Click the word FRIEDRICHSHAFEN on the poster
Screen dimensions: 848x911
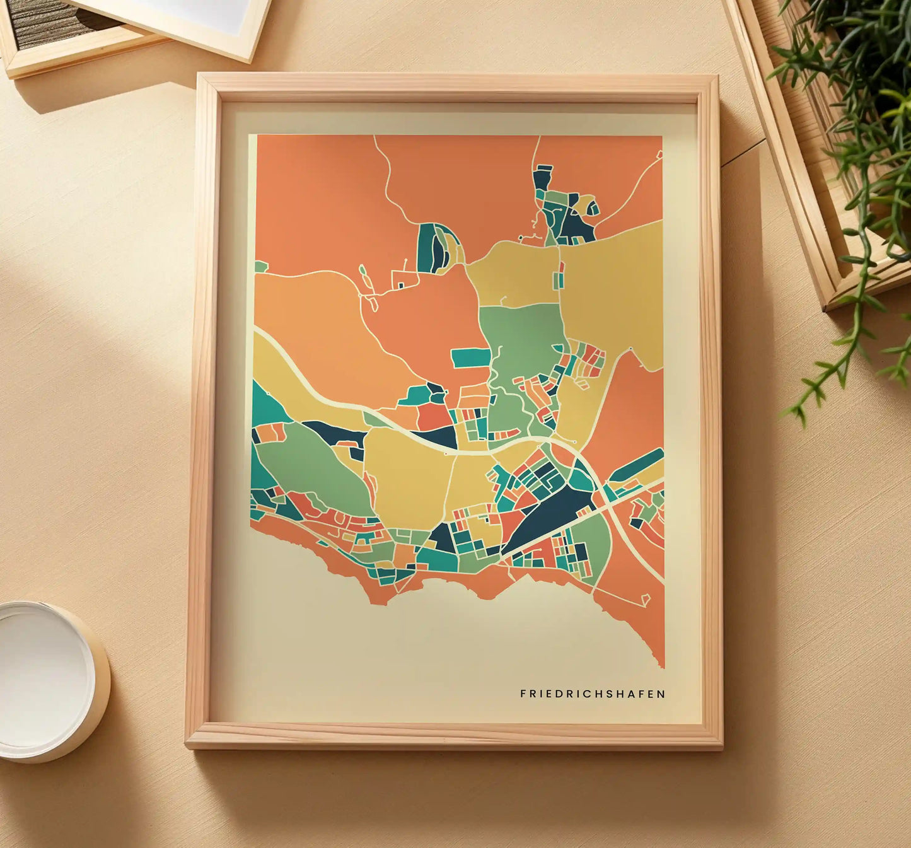(592, 694)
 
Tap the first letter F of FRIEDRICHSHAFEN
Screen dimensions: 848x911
(523, 694)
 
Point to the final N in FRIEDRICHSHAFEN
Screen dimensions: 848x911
(661, 694)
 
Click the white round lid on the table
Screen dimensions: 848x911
(44, 678)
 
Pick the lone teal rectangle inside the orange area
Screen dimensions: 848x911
(471, 357)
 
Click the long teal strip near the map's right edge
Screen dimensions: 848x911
(637, 465)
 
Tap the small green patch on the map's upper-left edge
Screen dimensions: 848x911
(260, 267)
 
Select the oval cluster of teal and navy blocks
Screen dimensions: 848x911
(435, 248)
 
